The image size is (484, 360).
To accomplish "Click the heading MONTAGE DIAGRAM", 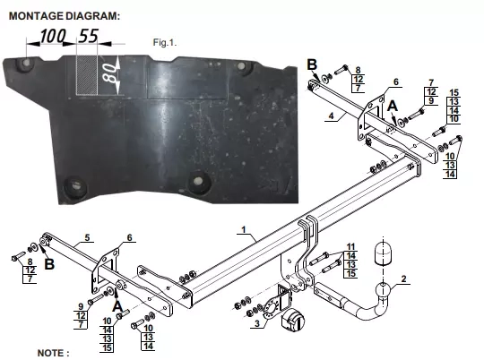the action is [x=65, y=16].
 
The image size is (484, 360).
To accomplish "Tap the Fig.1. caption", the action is [x=165, y=42].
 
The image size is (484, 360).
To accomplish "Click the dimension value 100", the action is [x=53, y=36].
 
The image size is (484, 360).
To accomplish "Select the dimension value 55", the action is [x=89, y=36].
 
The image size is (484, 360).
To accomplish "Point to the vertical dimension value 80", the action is [x=110, y=73].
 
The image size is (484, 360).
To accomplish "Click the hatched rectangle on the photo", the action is [x=87, y=75].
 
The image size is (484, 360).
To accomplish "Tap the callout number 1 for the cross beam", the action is [x=244, y=229].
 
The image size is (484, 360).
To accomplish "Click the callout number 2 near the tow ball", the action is [x=404, y=279].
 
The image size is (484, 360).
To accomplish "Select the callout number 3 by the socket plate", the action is [x=257, y=323].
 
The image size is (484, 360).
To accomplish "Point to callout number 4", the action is [x=332, y=116].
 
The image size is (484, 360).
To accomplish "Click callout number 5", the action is [x=87, y=237].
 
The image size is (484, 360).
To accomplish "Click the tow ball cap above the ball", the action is [x=383, y=253].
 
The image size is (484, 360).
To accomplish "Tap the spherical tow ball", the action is [x=384, y=290].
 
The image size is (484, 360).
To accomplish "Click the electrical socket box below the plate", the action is [x=293, y=320].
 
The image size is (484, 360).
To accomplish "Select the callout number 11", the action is [x=351, y=247].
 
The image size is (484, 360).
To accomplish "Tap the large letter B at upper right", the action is [x=312, y=64].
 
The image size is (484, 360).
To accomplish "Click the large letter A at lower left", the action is [x=117, y=306].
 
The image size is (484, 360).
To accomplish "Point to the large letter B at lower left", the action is [x=49, y=264].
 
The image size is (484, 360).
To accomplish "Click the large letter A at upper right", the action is [x=393, y=106].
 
